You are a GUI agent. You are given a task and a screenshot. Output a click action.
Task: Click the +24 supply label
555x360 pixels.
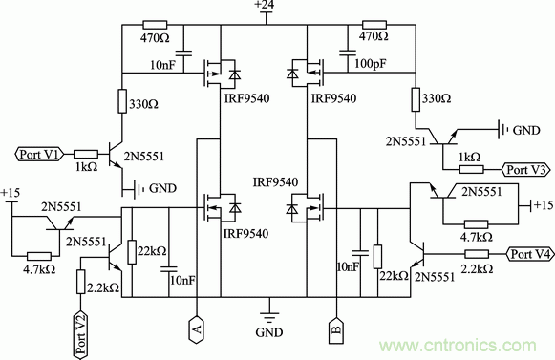point(264,7)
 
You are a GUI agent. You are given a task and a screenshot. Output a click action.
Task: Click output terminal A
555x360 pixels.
point(196,329)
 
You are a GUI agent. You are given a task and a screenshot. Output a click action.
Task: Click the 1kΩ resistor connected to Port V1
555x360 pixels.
point(85,152)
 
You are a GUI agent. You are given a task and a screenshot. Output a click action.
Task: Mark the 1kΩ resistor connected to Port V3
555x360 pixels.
point(472,169)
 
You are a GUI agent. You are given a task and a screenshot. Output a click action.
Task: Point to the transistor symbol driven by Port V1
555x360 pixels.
point(117,153)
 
